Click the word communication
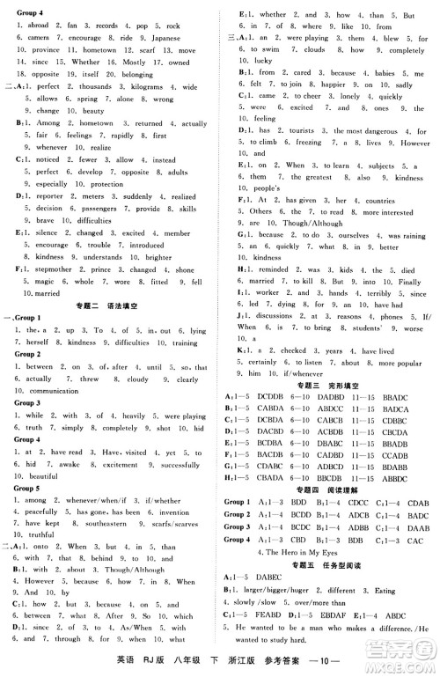[42, 389]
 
